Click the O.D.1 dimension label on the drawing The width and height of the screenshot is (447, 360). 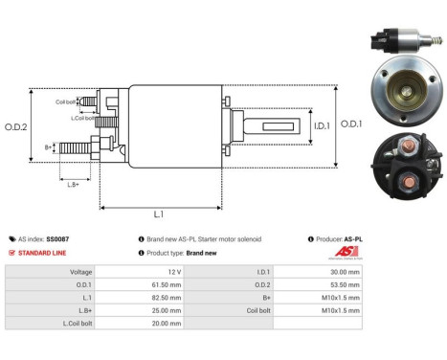pos(351,123)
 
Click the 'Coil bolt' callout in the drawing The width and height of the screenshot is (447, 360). pos(66,101)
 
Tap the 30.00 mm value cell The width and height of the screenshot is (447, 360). pos(344,272)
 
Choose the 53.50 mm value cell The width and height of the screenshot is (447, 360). pos(344,283)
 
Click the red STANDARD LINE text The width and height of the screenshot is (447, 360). pos(41,253)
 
